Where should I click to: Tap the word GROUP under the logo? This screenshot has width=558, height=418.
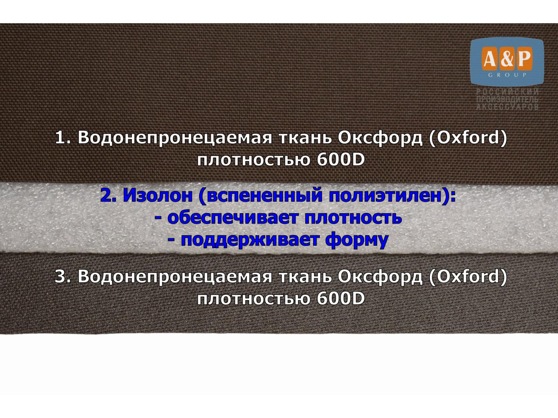point(507,75)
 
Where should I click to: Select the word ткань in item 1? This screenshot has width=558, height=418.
point(305,138)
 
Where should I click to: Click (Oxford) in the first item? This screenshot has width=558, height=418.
point(468,138)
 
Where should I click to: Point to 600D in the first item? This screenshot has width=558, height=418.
point(341,160)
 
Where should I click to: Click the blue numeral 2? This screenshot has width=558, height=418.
point(108,195)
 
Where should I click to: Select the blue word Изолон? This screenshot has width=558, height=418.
point(158,195)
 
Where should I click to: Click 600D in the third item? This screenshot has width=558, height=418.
point(341,298)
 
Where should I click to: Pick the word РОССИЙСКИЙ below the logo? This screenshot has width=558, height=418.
point(507,92)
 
